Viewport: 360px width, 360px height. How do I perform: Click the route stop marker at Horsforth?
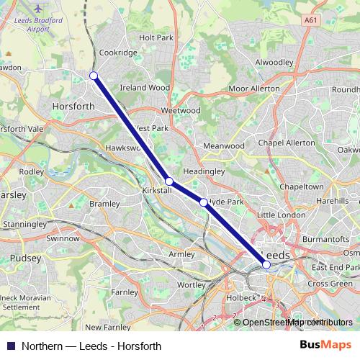coord(94,76)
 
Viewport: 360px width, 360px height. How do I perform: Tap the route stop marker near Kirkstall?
coord(168,181)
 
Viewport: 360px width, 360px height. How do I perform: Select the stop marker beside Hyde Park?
coord(204,203)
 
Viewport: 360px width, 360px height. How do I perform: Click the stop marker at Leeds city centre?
coord(266,264)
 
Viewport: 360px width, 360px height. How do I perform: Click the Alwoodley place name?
coord(274,63)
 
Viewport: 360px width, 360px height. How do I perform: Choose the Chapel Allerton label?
coord(287,143)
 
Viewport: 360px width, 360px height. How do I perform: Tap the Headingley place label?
coord(204,172)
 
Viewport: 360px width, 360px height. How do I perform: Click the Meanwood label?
coord(224,145)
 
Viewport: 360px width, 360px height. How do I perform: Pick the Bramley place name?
coord(104,204)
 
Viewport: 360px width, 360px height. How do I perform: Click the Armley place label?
coord(181,254)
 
